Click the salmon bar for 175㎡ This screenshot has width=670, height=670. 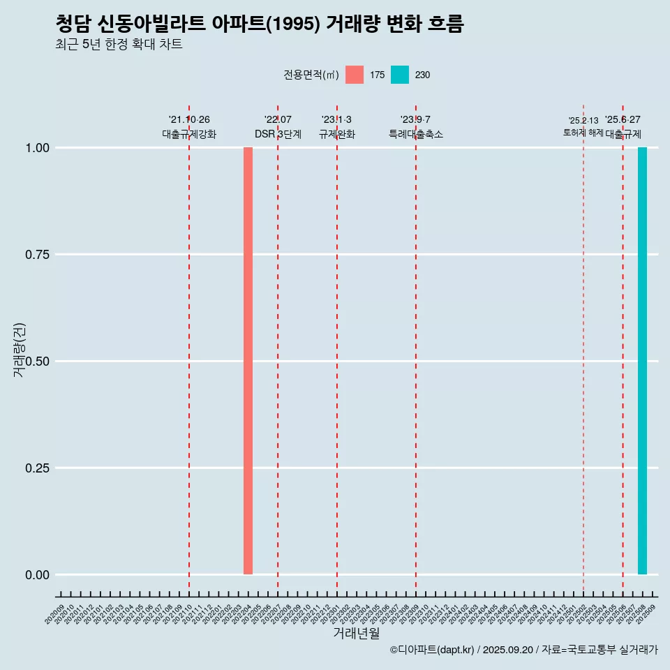click(x=248, y=361)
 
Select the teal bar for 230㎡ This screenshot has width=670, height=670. click(x=642, y=361)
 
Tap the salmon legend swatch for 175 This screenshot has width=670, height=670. click(x=355, y=75)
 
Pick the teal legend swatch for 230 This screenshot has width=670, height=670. click(x=400, y=75)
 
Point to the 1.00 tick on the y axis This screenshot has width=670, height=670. click(x=36, y=148)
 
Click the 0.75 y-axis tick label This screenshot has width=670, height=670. click(x=36, y=255)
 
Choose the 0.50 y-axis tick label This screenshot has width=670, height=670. click(x=36, y=362)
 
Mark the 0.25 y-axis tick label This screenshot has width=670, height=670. click(x=36, y=468)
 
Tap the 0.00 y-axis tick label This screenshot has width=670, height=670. click(x=36, y=575)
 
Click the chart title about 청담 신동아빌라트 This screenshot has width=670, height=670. click(x=260, y=24)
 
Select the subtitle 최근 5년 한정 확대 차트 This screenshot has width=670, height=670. click(x=119, y=45)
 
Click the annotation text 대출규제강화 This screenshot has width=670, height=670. click(x=189, y=134)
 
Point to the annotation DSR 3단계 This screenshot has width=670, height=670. click(x=278, y=134)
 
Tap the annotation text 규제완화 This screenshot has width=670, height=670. click(x=337, y=134)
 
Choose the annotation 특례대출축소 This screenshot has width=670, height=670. click(x=416, y=134)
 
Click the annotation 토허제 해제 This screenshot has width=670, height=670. click(x=583, y=133)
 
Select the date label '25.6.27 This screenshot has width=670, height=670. click(x=623, y=120)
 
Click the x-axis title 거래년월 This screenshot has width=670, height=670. click(x=357, y=634)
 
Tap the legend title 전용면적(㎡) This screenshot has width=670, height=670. click(x=311, y=75)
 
